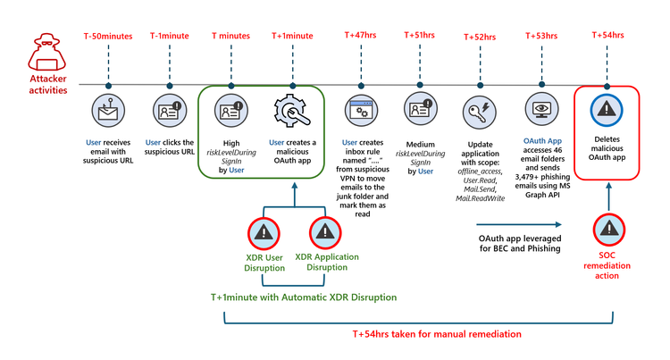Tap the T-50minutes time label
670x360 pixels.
[x=107, y=36]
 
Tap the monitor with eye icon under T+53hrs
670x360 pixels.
[x=542, y=110]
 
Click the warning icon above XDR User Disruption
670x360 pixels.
[x=264, y=232]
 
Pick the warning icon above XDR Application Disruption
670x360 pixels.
[x=326, y=232]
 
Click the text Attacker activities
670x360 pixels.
[x=35, y=84]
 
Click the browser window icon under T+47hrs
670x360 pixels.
[x=363, y=110]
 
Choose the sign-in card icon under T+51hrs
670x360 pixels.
[x=420, y=110]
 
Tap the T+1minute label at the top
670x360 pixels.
[x=291, y=36]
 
